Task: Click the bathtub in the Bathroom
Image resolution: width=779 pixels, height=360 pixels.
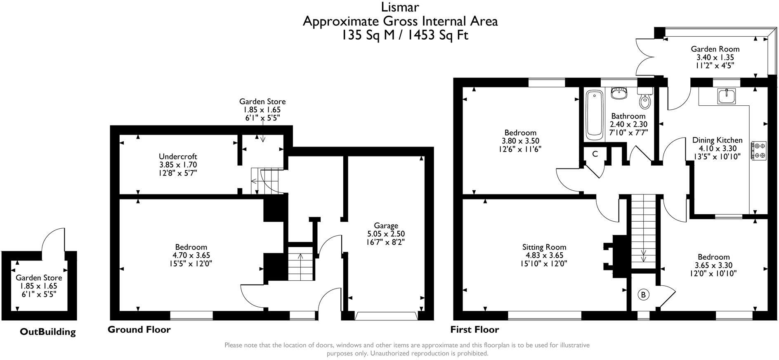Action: [x=594, y=114]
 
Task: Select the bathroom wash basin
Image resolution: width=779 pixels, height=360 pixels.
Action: [x=618, y=93]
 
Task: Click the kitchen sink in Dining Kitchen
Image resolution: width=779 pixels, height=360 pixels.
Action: [x=726, y=97]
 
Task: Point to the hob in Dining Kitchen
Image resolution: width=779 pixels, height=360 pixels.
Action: [x=759, y=150]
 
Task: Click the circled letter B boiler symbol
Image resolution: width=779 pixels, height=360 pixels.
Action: [x=643, y=295]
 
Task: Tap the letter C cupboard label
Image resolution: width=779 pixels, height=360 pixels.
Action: [x=595, y=154]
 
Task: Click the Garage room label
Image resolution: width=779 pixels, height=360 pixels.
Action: [x=386, y=225]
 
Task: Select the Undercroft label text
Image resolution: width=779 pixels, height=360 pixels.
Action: [x=178, y=156]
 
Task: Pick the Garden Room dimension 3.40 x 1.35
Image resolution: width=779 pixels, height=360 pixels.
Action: [x=715, y=57]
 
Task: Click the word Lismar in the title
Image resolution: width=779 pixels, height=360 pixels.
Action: [x=399, y=7]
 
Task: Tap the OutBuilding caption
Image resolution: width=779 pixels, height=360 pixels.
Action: [x=48, y=332]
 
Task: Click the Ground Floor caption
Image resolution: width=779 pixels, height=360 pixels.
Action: [x=139, y=329]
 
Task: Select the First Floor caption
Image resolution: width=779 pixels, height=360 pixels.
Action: [x=474, y=329]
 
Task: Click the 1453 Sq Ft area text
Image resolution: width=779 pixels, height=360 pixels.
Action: [x=438, y=35]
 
